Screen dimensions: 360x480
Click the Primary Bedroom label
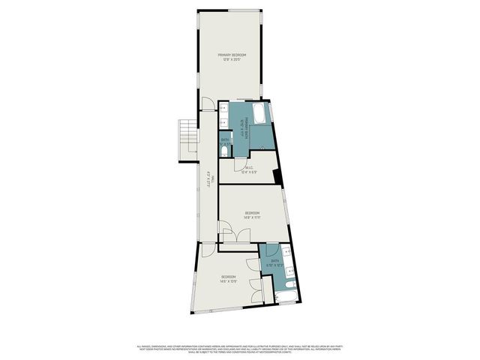pyautogui.click(x=232, y=58)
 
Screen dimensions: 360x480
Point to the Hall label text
pyautogui.click(x=210, y=180)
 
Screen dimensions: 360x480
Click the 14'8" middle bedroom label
pyautogui.click(x=252, y=215)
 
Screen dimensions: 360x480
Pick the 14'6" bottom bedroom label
pyautogui.click(x=229, y=280)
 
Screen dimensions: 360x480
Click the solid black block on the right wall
pyautogui.click(x=278, y=177)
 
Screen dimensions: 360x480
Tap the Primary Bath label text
pyautogui.click(x=244, y=129)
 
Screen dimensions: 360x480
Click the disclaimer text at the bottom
pyautogui.click(x=240, y=349)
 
